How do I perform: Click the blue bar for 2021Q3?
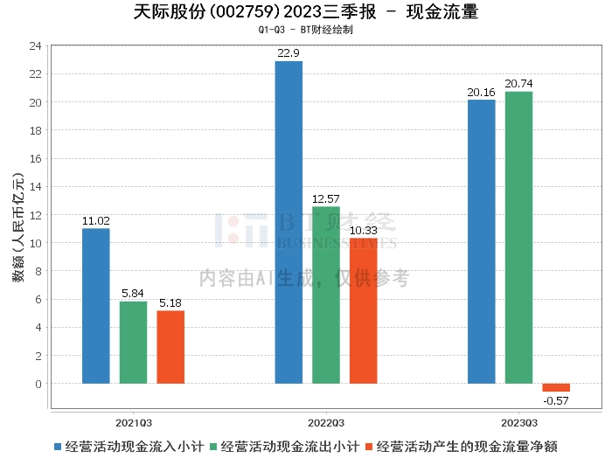[x=96, y=306]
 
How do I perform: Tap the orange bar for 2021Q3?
[x=170, y=347]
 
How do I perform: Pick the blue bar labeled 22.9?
[x=289, y=222]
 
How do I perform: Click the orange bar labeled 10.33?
[x=364, y=310]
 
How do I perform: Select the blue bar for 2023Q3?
[x=482, y=241]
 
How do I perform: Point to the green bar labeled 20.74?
[x=518, y=238]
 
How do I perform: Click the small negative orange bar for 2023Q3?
[x=556, y=387]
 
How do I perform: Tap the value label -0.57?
[x=556, y=400]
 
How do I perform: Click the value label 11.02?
[x=96, y=221]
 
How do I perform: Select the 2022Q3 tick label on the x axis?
[x=326, y=420]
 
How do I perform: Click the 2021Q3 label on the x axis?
[x=133, y=420]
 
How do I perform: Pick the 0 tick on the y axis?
[x=38, y=384]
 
